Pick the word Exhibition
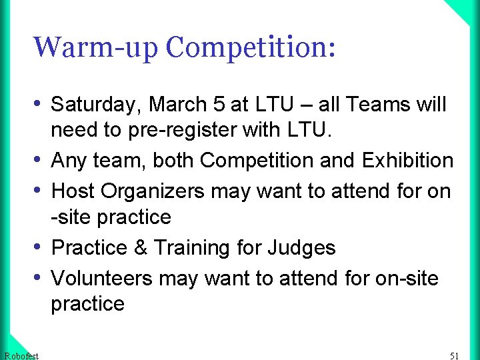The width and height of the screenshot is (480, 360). [x=407, y=161]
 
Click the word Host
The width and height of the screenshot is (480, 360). [x=73, y=191]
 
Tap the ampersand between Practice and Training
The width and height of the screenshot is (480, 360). [x=141, y=248]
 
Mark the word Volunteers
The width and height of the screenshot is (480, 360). [x=103, y=277]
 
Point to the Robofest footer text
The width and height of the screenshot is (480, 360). [x=21, y=355]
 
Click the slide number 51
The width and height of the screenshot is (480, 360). [x=455, y=355]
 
